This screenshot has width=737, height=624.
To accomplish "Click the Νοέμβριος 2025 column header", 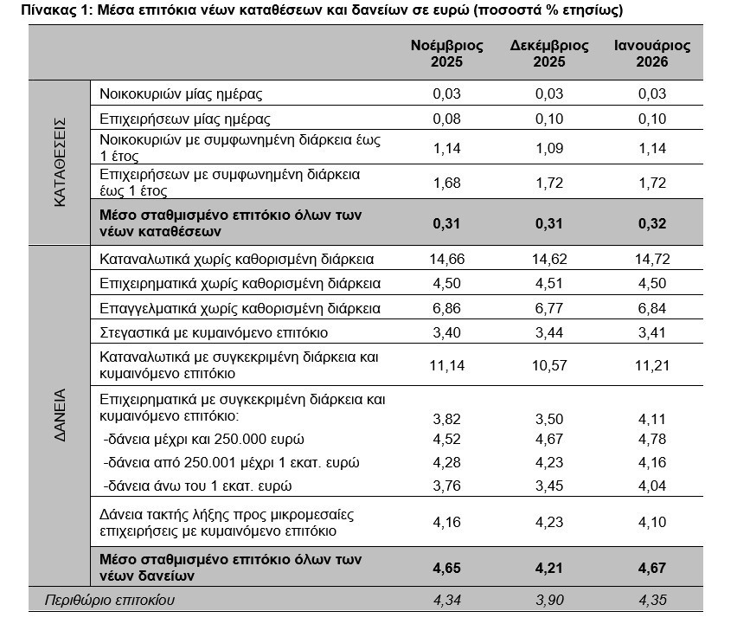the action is pos(446,53).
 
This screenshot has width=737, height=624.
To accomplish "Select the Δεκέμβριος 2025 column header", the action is pos(549,53).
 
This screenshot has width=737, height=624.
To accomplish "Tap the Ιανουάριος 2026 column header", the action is pos(652,53).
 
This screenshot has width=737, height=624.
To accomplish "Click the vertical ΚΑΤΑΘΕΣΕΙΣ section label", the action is pos(60,162).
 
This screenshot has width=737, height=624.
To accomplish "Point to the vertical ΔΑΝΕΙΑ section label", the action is pos(60,415).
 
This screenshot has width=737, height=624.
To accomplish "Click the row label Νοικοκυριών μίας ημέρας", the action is pos(181,93).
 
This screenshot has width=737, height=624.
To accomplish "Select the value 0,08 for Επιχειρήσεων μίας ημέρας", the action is pos(446,119).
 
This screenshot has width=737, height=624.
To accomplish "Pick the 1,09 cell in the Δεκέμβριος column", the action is pos(549,148).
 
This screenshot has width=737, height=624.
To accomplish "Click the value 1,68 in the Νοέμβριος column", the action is pos(446,183).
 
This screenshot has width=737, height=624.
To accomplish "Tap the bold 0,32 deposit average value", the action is pos(652,223).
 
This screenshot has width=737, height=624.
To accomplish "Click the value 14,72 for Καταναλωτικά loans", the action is pos(652,259).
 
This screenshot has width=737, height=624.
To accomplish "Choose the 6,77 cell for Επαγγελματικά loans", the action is pos(549,308).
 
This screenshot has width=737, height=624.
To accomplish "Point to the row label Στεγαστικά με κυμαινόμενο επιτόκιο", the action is pos(214,333).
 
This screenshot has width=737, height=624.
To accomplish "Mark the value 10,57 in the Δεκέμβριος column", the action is pos(549,365).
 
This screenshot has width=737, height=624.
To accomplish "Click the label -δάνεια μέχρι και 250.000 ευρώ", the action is pos(203,439).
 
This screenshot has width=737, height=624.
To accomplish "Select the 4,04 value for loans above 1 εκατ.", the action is pos(652,486).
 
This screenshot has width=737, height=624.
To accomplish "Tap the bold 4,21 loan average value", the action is pos(549,568).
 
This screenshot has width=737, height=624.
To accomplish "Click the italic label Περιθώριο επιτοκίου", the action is pos(110,600).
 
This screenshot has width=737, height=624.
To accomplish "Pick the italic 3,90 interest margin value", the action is pos(549,600).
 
